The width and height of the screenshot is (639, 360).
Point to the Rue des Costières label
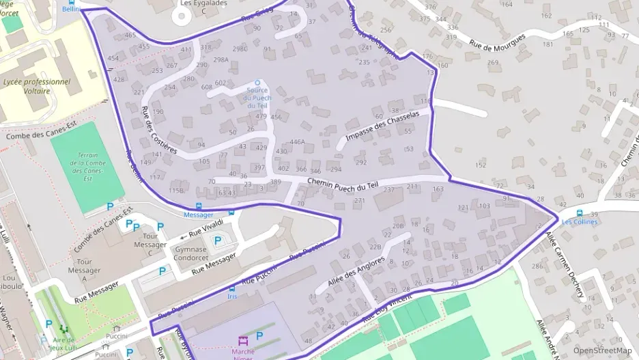[x=158, y=129]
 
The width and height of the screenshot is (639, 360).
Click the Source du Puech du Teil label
[x=257, y=98]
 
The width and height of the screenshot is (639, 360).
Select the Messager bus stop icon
[x=199, y=206]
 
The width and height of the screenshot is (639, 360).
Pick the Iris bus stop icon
[x=233, y=288]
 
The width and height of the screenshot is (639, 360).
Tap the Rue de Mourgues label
[x=498, y=47]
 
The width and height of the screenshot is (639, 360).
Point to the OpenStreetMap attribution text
[x=602, y=350]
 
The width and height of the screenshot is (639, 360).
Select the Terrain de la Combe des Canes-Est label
[x=88, y=167]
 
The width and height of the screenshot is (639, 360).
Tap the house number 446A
[x=297, y=142]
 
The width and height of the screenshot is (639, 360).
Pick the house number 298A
[x=221, y=59]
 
